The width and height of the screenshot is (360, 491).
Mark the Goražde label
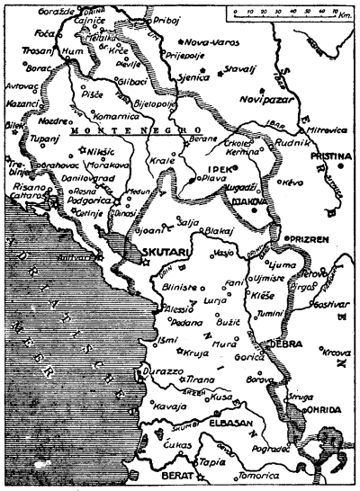79,17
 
